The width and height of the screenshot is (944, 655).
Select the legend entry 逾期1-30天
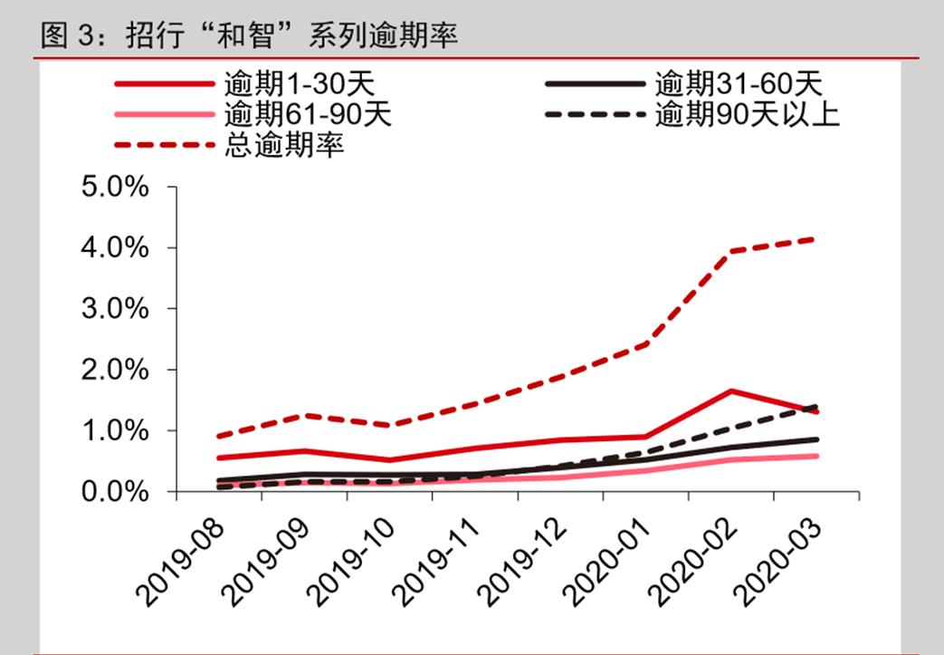point(299,84)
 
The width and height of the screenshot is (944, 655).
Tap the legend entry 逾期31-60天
point(738,84)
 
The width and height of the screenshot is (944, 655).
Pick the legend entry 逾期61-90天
point(308,115)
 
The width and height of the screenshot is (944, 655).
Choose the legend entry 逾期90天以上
point(748,115)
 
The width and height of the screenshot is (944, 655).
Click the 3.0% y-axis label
point(114,309)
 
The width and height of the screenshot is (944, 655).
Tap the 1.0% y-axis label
point(114,431)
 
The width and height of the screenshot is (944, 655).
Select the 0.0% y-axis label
point(114,492)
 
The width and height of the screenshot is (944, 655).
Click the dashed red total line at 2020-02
point(730,251)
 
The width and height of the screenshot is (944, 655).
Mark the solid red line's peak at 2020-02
point(730,391)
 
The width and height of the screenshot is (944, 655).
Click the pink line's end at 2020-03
point(816,456)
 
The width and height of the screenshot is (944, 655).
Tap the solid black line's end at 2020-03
point(816,439)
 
